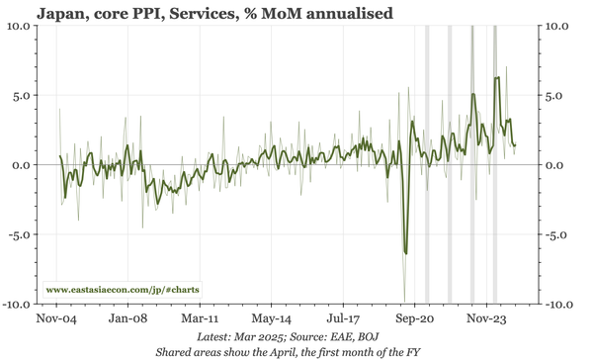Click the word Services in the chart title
[x=190, y=13]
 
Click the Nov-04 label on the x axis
[x=57, y=320]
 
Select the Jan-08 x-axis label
[x=128, y=320]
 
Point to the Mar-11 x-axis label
[x=200, y=320]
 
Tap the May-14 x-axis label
[x=271, y=320]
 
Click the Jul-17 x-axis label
[x=343, y=320]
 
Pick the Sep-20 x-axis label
[x=414, y=320]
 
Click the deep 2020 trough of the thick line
[x=405, y=252]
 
